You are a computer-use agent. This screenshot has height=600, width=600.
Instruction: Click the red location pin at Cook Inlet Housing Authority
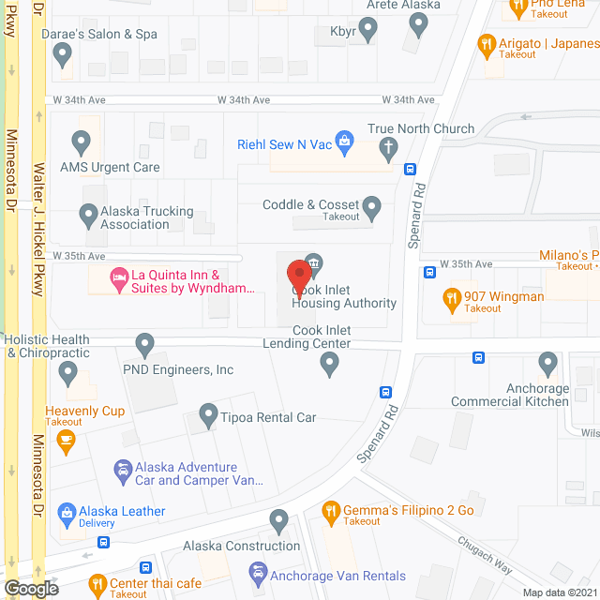click(298, 277)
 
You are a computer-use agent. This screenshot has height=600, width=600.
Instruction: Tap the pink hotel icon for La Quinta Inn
click(118, 277)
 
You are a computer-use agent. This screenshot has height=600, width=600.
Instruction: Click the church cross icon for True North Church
click(389, 146)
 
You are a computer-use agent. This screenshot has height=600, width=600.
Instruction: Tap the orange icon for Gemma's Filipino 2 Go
click(330, 511)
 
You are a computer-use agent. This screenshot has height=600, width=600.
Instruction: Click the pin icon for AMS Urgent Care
click(81, 142)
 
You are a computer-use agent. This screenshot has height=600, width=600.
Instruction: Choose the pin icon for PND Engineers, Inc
click(144, 345)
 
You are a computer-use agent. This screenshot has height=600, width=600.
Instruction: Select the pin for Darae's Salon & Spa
click(62, 56)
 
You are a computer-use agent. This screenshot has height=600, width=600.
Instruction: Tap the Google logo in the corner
click(30, 589)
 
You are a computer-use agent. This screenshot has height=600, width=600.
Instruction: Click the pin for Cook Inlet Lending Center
click(328, 366)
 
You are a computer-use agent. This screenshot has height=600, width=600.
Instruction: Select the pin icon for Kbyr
click(368, 31)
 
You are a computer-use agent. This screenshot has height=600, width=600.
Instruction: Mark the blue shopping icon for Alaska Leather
click(67, 512)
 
